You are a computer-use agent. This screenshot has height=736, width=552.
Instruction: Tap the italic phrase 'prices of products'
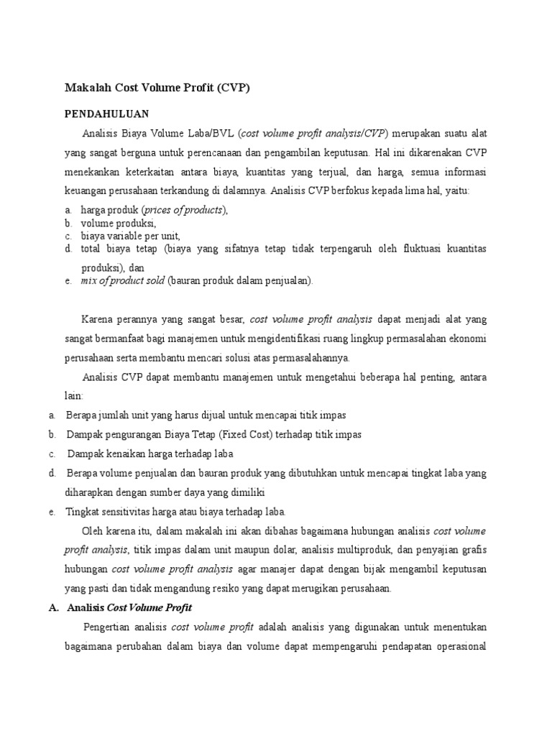click(x=185, y=210)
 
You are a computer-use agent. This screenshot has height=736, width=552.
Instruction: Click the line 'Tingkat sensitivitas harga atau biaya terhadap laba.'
click(x=176, y=512)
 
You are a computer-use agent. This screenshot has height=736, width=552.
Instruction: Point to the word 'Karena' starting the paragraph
click(x=99, y=319)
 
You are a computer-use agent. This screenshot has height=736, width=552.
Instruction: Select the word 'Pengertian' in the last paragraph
click(x=109, y=627)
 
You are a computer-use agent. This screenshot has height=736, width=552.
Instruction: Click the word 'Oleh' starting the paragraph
click(x=93, y=531)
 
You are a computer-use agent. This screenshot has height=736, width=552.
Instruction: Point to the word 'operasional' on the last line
click(x=461, y=645)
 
